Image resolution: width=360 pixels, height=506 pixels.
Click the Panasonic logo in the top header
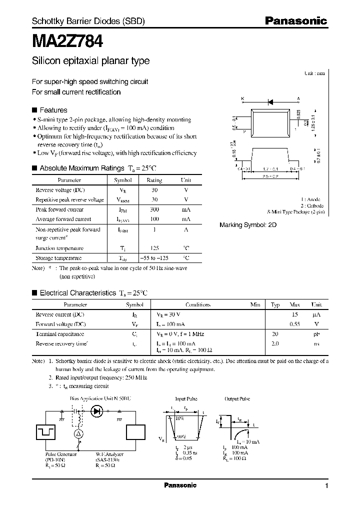[x=295, y=21]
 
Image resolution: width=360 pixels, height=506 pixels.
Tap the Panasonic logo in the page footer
[x=180, y=485]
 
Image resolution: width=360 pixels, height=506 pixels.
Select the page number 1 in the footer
[x=326, y=485]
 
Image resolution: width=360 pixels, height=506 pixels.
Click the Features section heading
[x=53, y=110]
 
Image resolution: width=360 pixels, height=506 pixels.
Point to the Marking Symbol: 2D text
[x=248, y=225]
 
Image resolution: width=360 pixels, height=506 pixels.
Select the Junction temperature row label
[x=59, y=248]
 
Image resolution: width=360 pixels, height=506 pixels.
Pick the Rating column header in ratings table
[x=154, y=180]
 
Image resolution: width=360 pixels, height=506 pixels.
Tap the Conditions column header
[x=198, y=304]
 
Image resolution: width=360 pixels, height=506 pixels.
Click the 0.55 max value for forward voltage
[x=294, y=324]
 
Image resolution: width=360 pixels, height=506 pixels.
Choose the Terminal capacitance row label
[x=59, y=333]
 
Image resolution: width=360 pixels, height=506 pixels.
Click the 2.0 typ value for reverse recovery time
[x=275, y=343]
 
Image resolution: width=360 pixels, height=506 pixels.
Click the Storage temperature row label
[x=58, y=258]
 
